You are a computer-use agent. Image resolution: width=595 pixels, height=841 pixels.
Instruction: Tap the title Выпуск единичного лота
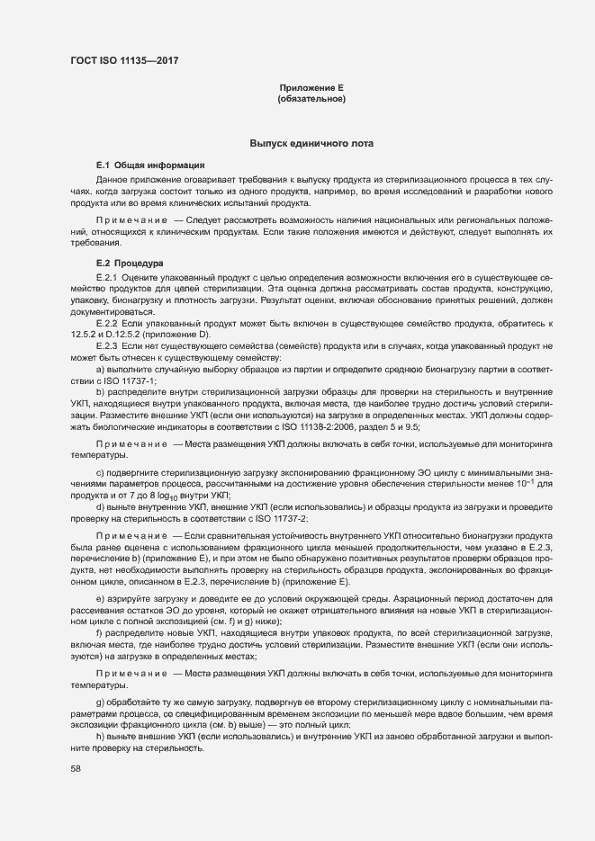pos(311,144)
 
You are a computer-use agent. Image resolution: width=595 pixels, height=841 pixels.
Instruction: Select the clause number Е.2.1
pos(107,278)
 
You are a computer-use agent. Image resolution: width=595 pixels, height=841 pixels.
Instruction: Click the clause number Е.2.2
pos(107,322)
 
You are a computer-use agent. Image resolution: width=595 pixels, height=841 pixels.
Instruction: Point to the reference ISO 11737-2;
pos(277,518)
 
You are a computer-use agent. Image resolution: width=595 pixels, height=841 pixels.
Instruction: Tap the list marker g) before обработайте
pos(100,701)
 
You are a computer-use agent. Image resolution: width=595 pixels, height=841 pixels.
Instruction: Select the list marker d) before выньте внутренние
pos(100,507)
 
